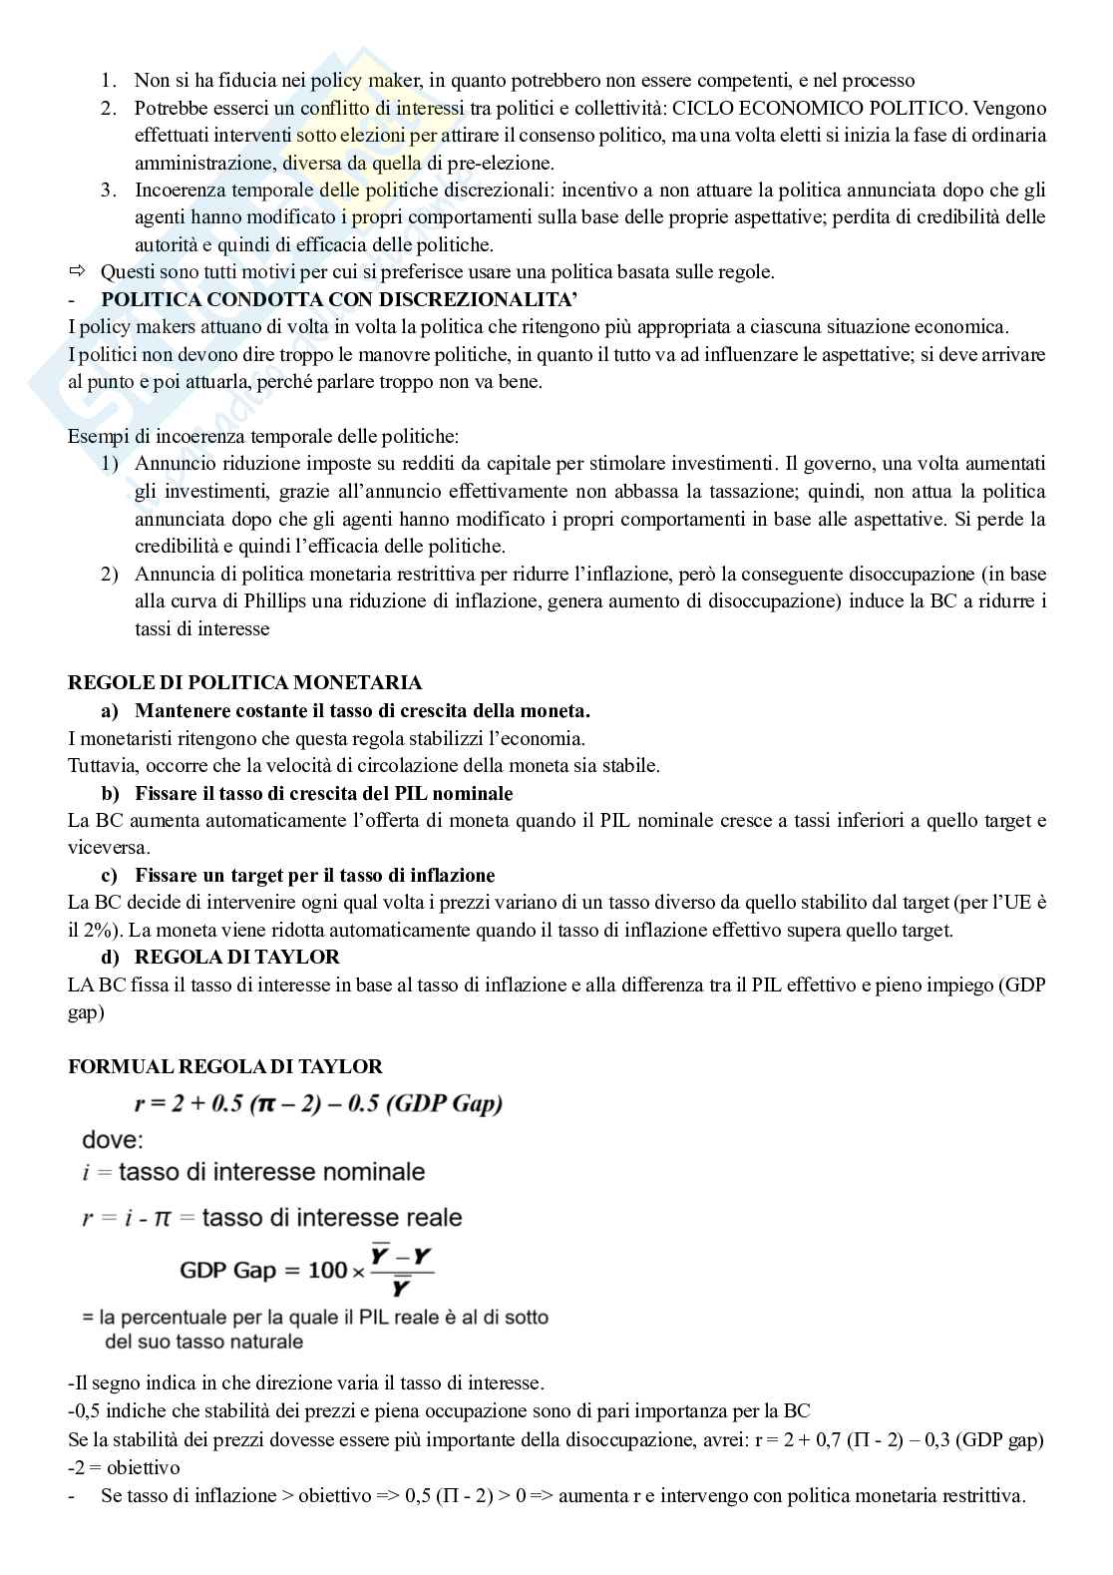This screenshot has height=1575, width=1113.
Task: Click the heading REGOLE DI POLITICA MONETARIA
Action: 244,683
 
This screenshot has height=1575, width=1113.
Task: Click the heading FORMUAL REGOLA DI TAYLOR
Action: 224,1066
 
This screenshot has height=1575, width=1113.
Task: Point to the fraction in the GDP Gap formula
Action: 401,1272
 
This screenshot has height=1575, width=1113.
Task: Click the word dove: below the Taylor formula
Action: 112,1139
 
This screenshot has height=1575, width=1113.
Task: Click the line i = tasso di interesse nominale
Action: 253,1172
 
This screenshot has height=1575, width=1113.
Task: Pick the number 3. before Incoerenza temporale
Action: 109,190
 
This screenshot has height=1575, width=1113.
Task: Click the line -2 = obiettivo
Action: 124,1467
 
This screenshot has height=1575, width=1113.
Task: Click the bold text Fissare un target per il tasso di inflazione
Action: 314,876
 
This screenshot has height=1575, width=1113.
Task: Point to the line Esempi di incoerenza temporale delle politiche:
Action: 263,436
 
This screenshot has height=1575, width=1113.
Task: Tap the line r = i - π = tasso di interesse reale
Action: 271,1217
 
